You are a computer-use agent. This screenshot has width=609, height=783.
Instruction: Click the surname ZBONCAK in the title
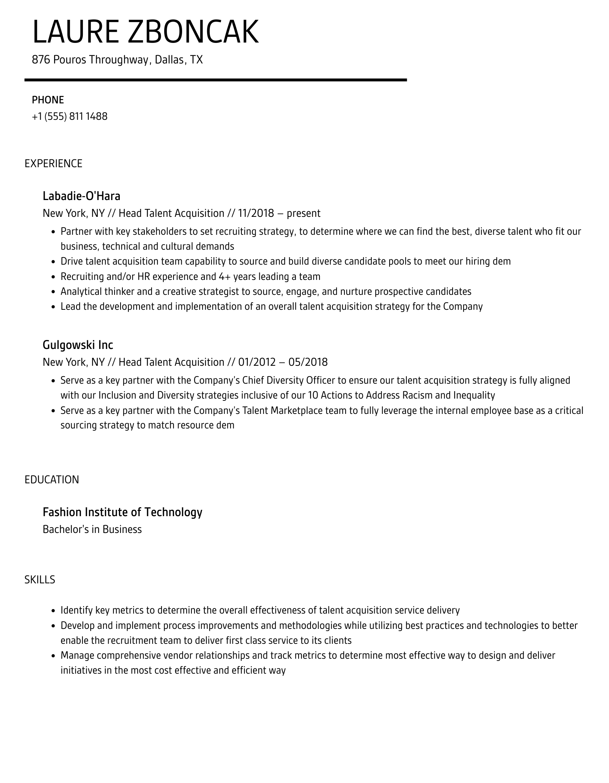193,32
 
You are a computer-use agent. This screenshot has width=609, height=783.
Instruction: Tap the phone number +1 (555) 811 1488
69,116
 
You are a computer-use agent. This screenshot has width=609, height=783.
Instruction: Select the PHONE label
48,100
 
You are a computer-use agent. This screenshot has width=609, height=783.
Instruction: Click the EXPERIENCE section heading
53,163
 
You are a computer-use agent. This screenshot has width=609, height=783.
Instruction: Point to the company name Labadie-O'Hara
81,196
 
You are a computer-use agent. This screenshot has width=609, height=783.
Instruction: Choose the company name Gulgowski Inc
78,344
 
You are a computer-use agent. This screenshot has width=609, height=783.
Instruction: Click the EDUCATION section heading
52,480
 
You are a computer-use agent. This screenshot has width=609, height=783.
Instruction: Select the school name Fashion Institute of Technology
122,512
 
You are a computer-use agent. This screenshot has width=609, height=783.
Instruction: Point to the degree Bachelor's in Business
92,530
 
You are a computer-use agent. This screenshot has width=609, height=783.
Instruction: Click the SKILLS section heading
40,580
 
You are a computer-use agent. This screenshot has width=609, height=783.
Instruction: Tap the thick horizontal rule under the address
215,80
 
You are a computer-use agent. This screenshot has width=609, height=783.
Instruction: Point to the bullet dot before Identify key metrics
53,611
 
